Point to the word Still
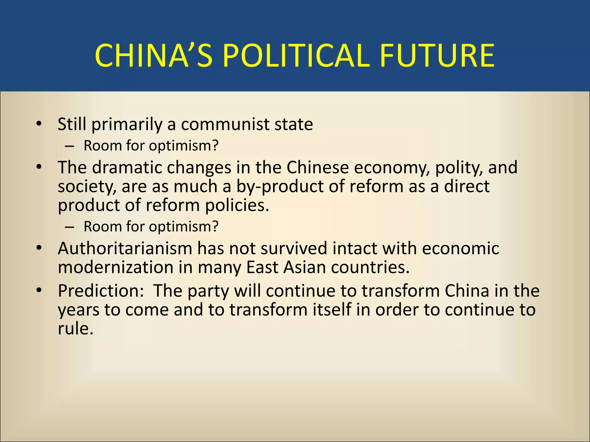pos(72,124)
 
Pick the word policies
pos(237,205)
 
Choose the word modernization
pos(115,267)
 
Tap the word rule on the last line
pos(75,329)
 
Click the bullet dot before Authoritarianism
pos(39,248)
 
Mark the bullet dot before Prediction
pos(39,291)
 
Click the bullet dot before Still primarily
pos(39,124)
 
